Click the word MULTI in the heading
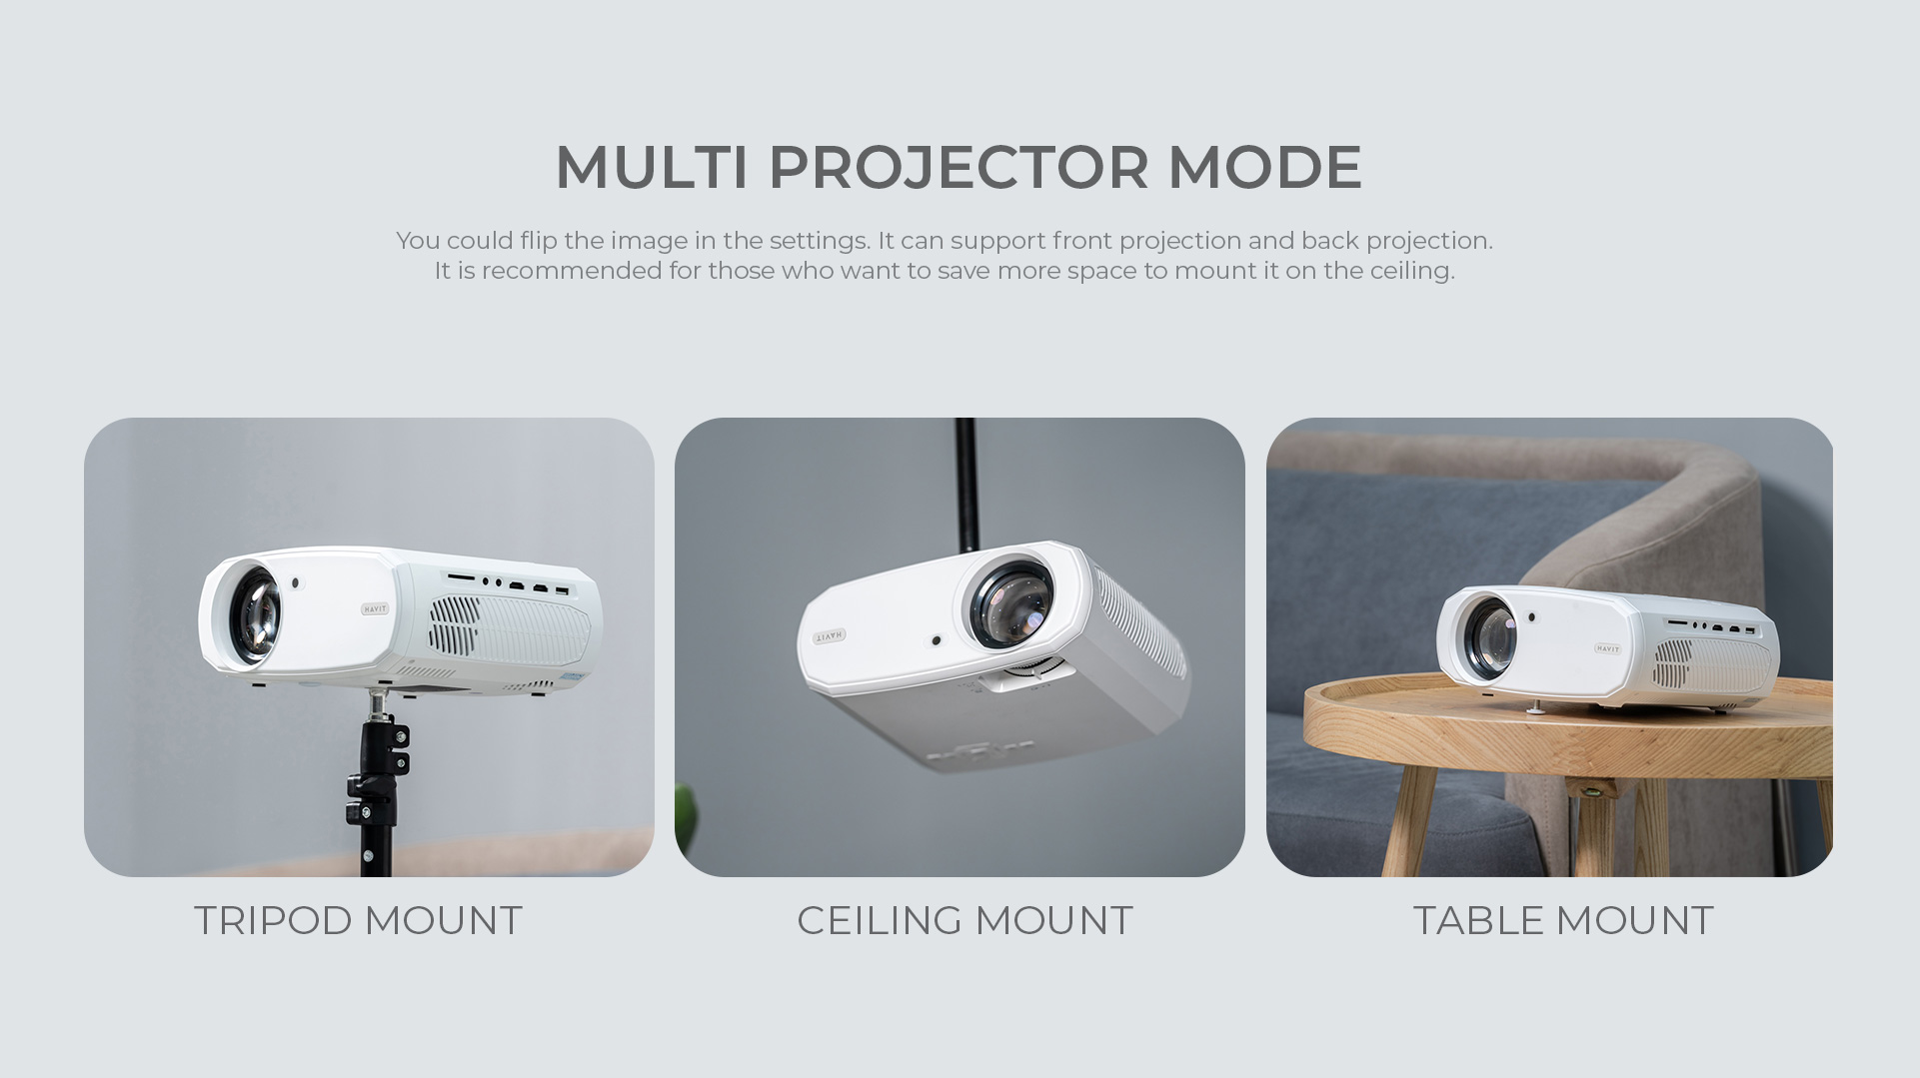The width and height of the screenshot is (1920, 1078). pyautogui.click(x=652, y=166)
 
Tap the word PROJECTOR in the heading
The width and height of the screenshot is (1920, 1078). pyautogui.click(x=959, y=166)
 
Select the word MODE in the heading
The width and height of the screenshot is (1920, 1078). pyautogui.click(x=1265, y=166)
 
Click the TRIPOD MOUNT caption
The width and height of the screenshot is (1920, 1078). pyautogui.click(x=358, y=920)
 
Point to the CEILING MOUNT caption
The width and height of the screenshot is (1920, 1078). pyautogui.click(x=964, y=920)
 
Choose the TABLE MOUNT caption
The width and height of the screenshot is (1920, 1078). pyautogui.click(x=1563, y=920)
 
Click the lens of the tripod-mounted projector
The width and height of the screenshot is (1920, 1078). pyautogui.click(x=254, y=614)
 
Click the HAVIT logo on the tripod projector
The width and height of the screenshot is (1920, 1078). pyautogui.click(x=375, y=608)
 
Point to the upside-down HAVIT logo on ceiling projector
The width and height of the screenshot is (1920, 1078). pyautogui.click(x=830, y=635)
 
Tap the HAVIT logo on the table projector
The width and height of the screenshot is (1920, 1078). pyautogui.click(x=1607, y=648)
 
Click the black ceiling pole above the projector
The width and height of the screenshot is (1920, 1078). pyautogui.click(x=965, y=483)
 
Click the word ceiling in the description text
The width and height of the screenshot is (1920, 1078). pyautogui.click(x=1410, y=272)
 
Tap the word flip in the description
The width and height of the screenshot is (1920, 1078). pyautogui.click(x=538, y=241)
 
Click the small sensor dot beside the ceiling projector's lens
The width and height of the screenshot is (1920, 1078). pyautogui.click(x=936, y=640)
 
